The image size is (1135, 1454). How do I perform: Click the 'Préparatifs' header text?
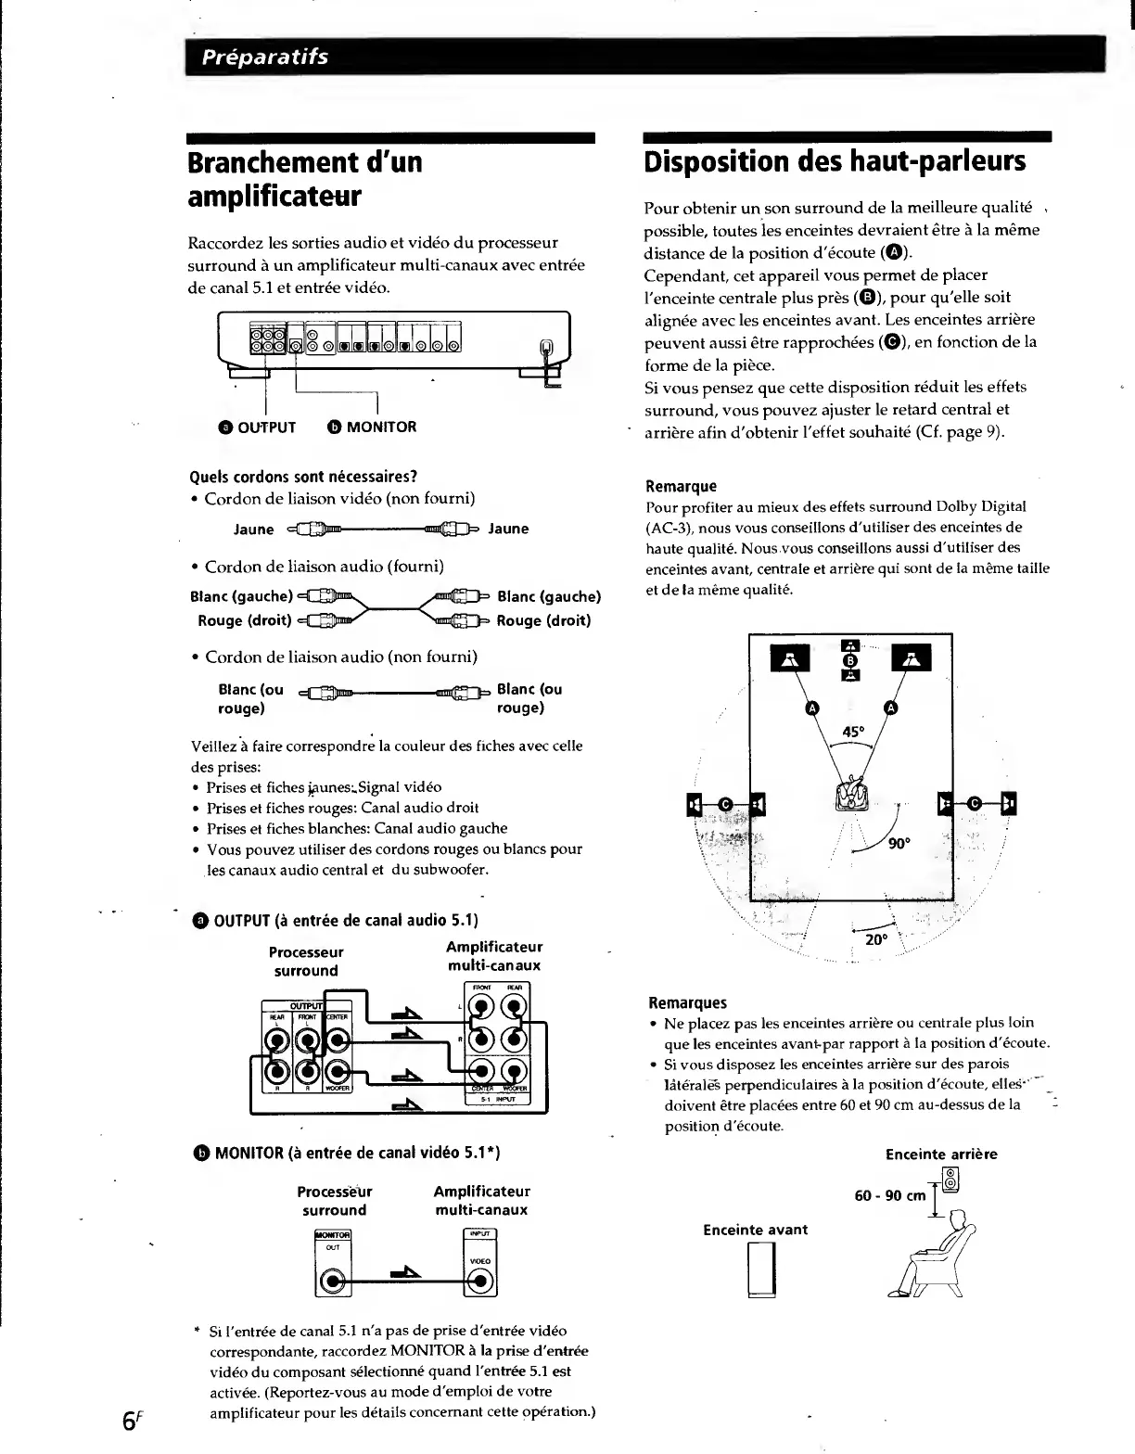pyautogui.click(x=267, y=57)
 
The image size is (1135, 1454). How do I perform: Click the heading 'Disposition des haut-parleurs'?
pyautogui.click(x=835, y=161)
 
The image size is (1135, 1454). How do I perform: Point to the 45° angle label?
pyautogui.click(x=852, y=732)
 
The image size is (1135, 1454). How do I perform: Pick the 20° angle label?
pyautogui.click(x=876, y=939)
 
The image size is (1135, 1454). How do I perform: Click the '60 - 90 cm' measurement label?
pyautogui.click(x=889, y=1195)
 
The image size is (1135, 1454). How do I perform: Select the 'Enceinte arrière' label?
pyautogui.click(x=941, y=1154)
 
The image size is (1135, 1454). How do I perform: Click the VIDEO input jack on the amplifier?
pyautogui.click(x=480, y=1282)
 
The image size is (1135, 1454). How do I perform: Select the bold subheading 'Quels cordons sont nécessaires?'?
pyautogui.click(x=301, y=478)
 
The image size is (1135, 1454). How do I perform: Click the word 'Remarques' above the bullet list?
pyautogui.click(x=687, y=1002)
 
